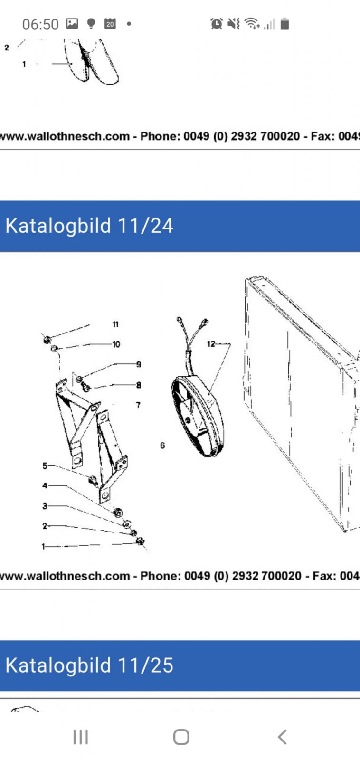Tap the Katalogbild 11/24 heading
(x=89, y=226)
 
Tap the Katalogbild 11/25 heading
(x=89, y=665)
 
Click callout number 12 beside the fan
(x=211, y=344)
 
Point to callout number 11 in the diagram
(x=115, y=324)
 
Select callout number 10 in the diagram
(x=116, y=344)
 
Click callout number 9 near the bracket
(x=138, y=364)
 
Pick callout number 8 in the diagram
(x=138, y=385)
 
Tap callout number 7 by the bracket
(x=138, y=405)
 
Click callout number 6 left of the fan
(x=162, y=445)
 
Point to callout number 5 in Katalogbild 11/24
(x=45, y=466)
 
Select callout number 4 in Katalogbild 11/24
(x=45, y=485)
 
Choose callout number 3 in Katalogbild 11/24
(x=45, y=506)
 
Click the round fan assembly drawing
(x=197, y=416)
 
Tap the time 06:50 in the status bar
(x=40, y=24)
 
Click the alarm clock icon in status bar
(x=217, y=24)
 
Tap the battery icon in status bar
(x=284, y=24)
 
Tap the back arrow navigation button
(x=282, y=737)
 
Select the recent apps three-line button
(x=81, y=737)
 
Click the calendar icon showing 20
(x=110, y=24)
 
